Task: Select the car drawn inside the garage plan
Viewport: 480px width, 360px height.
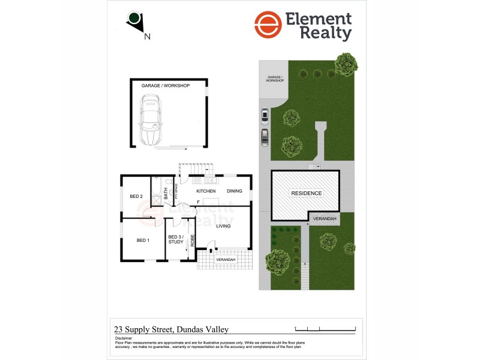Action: point(151,121)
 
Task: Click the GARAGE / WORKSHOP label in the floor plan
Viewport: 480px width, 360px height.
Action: point(165,86)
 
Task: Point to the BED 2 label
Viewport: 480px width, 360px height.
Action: point(136,196)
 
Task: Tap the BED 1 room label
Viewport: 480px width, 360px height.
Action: point(142,240)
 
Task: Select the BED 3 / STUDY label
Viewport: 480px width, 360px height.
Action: point(176,239)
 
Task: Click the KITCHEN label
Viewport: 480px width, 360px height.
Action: point(206,191)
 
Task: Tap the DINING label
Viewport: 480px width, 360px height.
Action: point(235,191)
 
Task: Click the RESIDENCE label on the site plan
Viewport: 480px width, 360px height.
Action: point(306,193)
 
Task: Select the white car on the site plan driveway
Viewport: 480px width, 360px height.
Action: point(264,114)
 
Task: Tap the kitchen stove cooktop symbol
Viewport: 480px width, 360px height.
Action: point(197,180)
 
